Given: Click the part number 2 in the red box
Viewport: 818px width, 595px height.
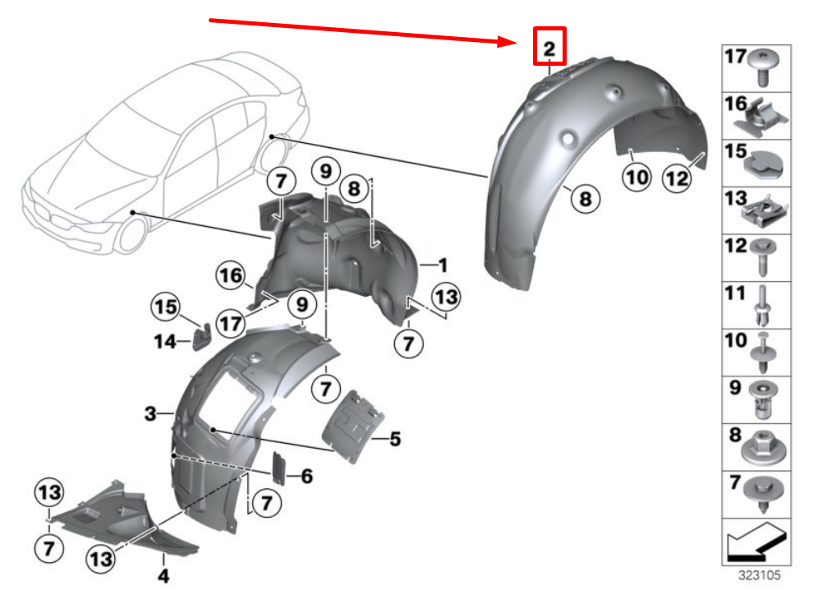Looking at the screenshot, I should (x=549, y=48).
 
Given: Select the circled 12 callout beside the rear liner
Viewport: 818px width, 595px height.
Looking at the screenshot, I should (x=677, y=178).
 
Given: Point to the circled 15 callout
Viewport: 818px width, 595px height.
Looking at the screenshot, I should (x=165, y=309).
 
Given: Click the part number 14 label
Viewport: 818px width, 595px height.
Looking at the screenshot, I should (x=165, y=339).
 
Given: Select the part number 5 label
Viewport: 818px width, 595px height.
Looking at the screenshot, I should (x=395, y=440).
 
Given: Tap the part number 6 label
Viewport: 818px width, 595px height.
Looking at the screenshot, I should (x=306, y=475).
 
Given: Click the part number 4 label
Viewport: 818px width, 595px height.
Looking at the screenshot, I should (x=163, y=576).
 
